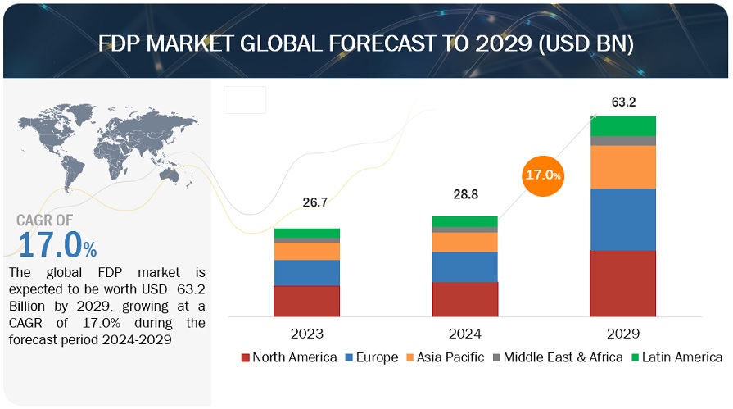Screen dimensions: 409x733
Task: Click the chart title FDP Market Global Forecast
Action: point(365,42)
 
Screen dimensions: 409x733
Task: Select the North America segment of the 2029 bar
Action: point(622,283)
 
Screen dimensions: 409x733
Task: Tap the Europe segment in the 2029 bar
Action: point(622,219)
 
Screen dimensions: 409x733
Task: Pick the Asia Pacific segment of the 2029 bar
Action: point(622,166)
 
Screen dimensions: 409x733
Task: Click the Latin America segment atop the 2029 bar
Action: point(622,125)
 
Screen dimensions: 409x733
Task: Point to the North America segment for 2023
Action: point(306,301)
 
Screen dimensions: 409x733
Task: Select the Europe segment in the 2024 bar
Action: point(464,266)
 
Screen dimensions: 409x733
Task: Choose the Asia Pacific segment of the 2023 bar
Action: point(306,251)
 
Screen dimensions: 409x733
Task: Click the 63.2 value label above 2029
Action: point(623,102)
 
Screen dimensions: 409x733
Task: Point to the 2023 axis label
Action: point(306,334)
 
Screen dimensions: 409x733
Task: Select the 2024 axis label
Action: point(464,334)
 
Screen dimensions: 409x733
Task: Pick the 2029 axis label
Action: point(622,334)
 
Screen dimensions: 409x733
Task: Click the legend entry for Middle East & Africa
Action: point(552,357)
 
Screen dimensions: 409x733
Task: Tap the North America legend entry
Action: point(288,357)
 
